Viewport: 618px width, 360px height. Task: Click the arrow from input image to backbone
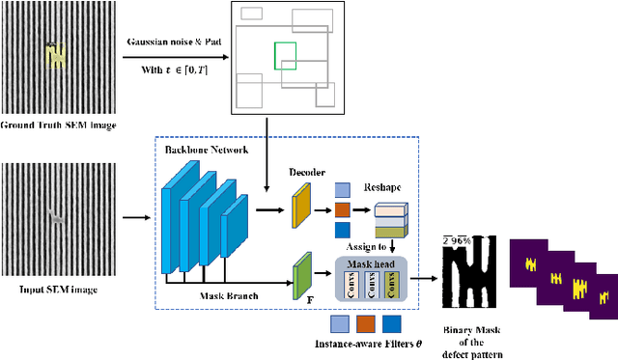135,217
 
